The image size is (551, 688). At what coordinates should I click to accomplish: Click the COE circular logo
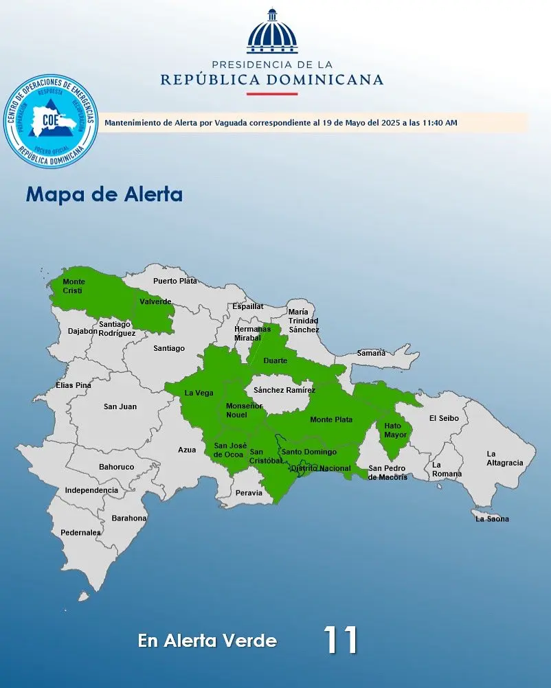click(x=51, y=122)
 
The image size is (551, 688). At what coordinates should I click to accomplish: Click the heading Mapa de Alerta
click(x=104, y=194)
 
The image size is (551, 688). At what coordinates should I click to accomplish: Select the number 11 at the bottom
click(x=341, y=640)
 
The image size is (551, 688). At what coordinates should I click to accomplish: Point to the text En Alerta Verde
click(x=207, y=641)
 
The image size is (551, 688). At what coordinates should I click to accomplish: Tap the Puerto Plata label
click(x=175, y=281)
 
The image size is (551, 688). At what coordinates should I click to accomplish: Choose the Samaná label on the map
click(x=371, y=353)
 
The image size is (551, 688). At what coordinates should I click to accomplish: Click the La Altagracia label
click(x=504, y=458)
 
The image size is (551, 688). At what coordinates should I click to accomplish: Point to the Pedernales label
click(x=80, y=532)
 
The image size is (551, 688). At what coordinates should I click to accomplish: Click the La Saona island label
click(x=492, y=519)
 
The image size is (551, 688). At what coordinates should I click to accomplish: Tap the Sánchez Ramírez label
click(x=284, y=390)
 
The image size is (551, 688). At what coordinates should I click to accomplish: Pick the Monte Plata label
click(x=331, y=420)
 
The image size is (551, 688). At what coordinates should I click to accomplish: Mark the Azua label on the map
click(x=187, y=450)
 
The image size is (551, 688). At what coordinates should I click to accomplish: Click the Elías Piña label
click(x=74, y=385)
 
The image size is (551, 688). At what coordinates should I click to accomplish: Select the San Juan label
click(x=120, y=406)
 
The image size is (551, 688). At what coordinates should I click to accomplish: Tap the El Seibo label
click(x=443, y=418)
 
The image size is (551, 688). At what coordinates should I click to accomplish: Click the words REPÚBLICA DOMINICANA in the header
click(x=272, y=80)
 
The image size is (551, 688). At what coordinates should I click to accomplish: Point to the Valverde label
click(x=155, y=301)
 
